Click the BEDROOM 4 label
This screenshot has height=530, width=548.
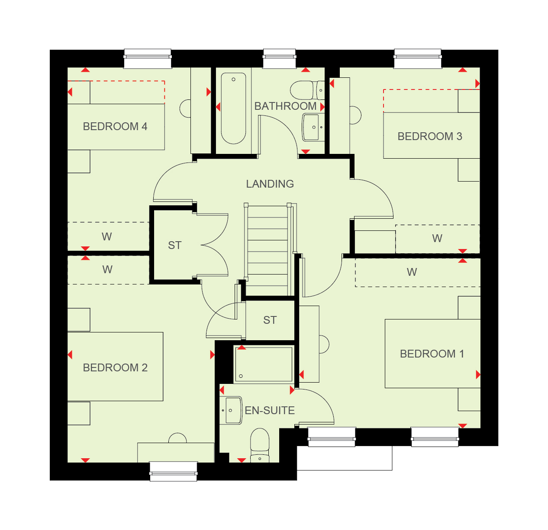115,127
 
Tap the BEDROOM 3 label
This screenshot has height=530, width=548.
430,136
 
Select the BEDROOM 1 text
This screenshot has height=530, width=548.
432,354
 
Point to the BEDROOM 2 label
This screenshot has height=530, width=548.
115,367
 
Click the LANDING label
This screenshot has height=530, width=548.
270,184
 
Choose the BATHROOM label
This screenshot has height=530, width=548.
285,106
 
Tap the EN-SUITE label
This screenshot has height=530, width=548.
270,411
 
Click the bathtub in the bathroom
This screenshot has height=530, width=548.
233,108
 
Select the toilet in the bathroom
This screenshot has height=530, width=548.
307,90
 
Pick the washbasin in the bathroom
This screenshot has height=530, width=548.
313,127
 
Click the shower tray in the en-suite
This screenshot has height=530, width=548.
263,364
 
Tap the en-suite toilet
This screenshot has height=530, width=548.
259,445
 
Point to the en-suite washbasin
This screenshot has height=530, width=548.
231,410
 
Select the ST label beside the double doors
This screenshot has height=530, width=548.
174,245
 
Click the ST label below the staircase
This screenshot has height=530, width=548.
270,320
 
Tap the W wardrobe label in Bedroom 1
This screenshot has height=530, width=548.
412,272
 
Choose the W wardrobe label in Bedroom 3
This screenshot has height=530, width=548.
437,239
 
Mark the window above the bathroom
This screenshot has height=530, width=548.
279,58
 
